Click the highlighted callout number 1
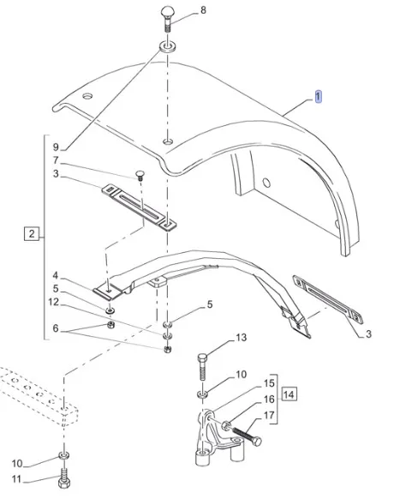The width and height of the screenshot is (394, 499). click(x=319, y=96)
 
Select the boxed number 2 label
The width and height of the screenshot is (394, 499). click(x=32, y=234)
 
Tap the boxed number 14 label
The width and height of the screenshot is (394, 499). click(x=289, y=394)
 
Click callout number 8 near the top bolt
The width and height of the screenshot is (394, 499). click(x=202, y=10)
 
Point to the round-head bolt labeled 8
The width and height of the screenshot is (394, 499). click(x=168, y=19)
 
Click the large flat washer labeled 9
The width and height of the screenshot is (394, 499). click(x=167, y=47)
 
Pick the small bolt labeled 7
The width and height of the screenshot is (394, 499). click(x=140, y=176)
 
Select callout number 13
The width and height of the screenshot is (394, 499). click(x=241, y=337)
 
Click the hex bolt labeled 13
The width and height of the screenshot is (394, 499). click(x=202, y=367)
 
